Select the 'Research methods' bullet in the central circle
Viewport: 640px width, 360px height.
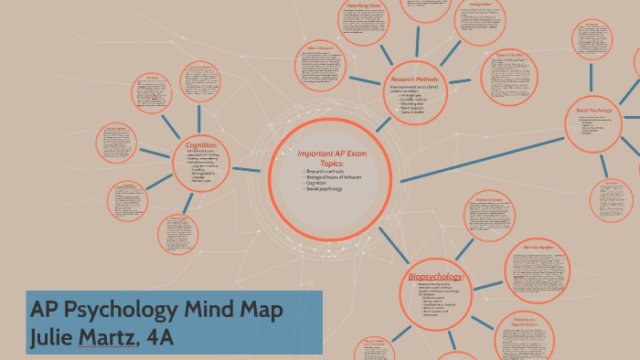324,171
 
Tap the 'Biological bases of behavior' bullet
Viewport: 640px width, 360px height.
335,176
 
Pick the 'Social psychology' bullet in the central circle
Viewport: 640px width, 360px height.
325,187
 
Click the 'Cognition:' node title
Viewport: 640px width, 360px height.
201,144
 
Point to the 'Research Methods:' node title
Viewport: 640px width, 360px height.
415,79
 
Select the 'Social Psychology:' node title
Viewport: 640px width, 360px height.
594,111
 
